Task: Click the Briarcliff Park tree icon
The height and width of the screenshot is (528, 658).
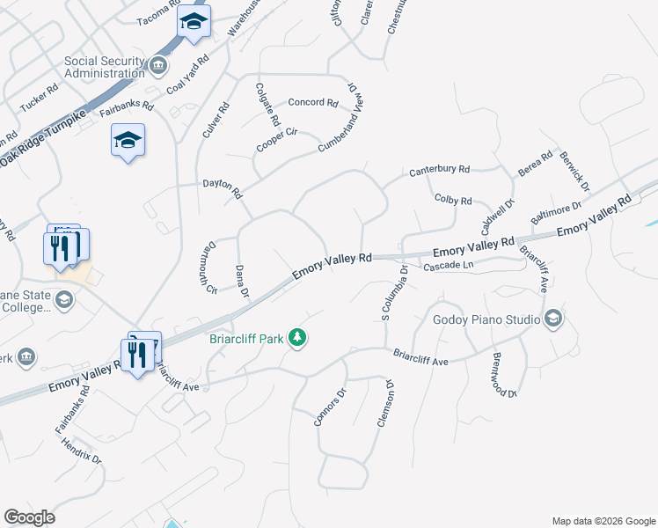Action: [x=298, y=338]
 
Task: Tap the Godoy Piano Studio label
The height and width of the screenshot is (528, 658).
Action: [x=486, y=319]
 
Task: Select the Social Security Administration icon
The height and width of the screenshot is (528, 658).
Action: [x=157, y=65]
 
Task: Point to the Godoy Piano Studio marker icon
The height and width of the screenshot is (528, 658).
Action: [x=552, y=319]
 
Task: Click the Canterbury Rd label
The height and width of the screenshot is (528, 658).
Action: [x=439, y=170]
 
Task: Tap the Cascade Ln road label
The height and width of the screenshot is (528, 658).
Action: [x=449, y=266]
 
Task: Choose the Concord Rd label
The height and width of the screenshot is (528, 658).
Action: [x=313, y=103]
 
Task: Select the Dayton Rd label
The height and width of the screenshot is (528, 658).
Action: [x=222, y=186]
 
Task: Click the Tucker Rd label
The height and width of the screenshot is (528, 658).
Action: [x=39, y=96]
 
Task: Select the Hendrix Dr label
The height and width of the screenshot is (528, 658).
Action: [x=82, y=451]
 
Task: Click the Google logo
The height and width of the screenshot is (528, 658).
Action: [x=29, y=517]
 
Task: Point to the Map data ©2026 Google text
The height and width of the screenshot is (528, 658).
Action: [x=603, y=521]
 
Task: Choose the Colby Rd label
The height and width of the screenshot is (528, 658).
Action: [x=453, y=201]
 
